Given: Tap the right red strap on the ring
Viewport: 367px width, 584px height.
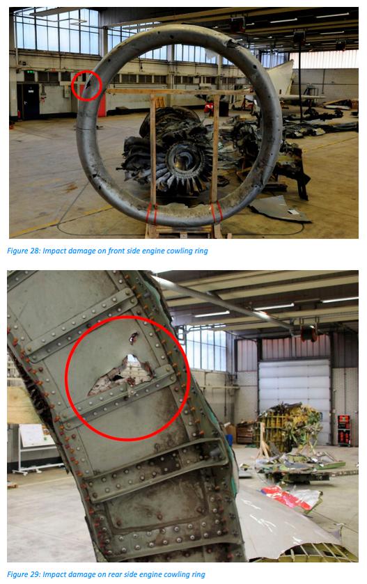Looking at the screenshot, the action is pyautogui.click(x=216, y=212).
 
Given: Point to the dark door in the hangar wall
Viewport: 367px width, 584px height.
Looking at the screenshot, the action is pyautogui.click(x=30, y=101).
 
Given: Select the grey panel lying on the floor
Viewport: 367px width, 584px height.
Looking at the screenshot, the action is pyautogui.click(x=281, y=210).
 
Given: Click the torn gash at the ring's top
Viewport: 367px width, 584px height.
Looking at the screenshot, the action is pyautogui.click(x=231, y=44).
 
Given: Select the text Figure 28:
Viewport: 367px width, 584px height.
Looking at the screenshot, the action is pyautogui.click(x=24, y=251).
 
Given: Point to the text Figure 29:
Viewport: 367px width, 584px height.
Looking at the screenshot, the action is pyautogui.click(x=24, y=574).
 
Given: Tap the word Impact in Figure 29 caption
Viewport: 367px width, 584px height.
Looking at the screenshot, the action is pyautogui.click(x=53, y=574).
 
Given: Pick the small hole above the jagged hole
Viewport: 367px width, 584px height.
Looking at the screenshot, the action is pyautogui.click(x=133, y=338).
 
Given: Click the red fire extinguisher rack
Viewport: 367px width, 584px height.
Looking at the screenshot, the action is pyautogui.click(x=344, y=430).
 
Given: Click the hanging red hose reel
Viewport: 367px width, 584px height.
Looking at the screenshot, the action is pyautogui.click(x=309, y=333).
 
